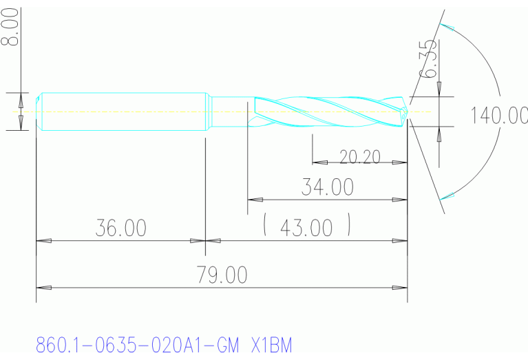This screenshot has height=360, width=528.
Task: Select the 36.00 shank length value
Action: tap(120, 229)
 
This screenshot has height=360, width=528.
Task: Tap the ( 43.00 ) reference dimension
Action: tap(307, 227)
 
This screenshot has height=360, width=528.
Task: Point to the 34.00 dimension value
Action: tap(327, 187)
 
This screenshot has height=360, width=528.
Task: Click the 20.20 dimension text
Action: tap(359, 157)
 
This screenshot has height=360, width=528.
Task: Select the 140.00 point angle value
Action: tap(498, 115)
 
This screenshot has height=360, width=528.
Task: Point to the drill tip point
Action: tap(410, 111)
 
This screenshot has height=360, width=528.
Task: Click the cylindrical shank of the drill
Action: tap(124, 111)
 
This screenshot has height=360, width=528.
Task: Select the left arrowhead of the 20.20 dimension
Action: tap(319, 163)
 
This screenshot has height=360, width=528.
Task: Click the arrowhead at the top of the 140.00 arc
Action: tap(447, 28)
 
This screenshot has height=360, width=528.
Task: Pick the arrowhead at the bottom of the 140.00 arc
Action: tap(447, 195)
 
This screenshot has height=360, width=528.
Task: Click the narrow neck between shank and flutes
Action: tap(229, 111)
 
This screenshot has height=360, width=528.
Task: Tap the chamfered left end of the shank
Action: tap(39, 111)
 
